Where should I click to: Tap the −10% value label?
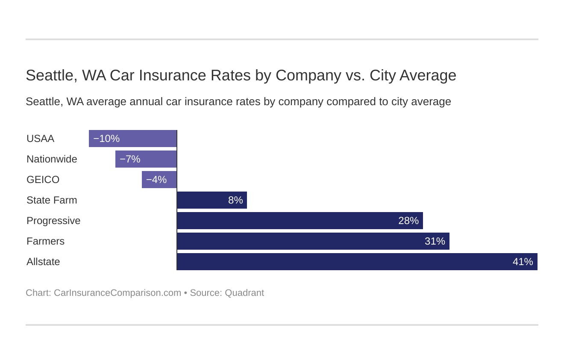[106, 139]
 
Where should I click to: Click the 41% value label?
[523, 262]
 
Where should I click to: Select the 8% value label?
[235, 200]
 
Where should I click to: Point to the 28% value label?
[408, 221]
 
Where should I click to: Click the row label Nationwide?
[52, 159]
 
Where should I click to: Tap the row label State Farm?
[52, 200]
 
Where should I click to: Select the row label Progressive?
[53, 221]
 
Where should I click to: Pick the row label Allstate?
[43, 262]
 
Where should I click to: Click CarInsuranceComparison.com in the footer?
[117, 293]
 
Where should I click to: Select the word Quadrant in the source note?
[244, 293]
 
